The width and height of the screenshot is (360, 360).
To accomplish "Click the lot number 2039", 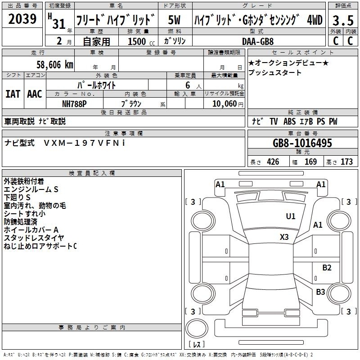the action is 22,18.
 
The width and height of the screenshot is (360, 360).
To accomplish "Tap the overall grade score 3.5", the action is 343,20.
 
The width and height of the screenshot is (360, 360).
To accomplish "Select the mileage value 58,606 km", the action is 55,65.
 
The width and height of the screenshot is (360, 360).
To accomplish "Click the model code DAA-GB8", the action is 258,41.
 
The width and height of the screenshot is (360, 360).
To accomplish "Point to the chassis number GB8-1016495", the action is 302,143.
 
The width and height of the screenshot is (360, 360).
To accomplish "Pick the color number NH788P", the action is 74,104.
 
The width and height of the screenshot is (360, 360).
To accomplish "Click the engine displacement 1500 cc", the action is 141,41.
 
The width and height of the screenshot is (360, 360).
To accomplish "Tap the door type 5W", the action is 174,20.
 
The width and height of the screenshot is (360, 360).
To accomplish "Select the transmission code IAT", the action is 13,94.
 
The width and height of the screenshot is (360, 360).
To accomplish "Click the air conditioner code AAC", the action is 35,94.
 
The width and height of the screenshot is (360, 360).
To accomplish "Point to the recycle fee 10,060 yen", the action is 228,104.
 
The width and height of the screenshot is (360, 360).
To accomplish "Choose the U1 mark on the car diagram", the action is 291,216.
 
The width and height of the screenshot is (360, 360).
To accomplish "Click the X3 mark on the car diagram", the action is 284,237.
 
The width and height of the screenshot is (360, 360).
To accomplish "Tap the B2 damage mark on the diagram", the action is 327,267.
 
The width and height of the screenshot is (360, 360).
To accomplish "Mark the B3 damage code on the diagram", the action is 320,292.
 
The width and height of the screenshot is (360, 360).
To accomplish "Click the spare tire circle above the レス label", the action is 197,328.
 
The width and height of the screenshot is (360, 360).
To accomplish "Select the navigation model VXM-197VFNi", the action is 85,143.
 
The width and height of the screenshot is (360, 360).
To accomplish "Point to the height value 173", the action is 346,162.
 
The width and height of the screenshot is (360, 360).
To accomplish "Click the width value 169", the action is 310,162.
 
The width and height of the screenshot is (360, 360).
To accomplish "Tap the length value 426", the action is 273,162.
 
